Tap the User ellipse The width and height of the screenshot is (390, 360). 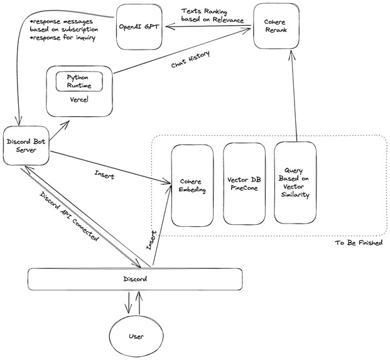point(136,336)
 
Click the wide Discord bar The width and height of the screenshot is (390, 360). point(135,278)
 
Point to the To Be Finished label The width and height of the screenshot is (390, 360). point(359,243)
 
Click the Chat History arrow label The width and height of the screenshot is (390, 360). point(190,62)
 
